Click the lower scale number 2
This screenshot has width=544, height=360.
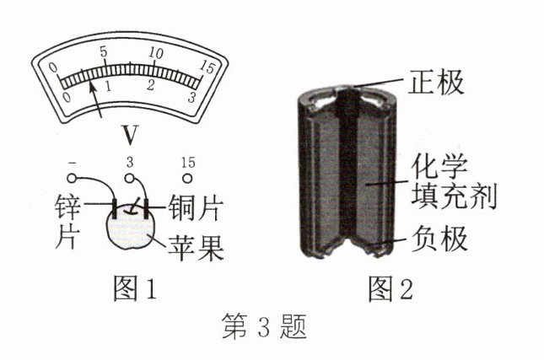tap(150, 86)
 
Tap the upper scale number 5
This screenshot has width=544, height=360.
tap(104, 52)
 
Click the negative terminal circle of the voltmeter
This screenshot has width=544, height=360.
tap(72, 180)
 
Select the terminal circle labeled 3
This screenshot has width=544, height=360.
tap(129, 180)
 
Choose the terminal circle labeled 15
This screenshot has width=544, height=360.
tap(187, 180)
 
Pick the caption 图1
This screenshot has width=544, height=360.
tap(135, 288)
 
